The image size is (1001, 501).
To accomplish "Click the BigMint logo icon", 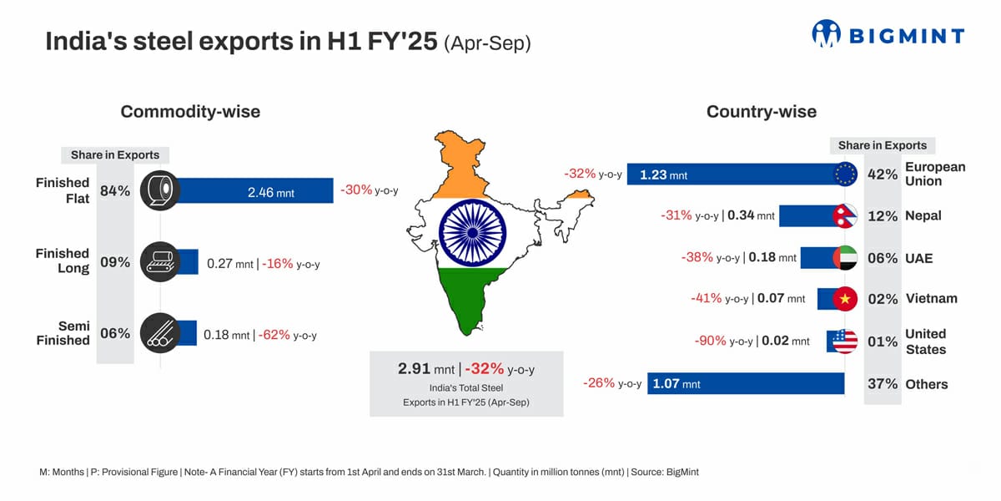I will (827, 33).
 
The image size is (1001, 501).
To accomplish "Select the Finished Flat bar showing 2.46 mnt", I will (254, 191).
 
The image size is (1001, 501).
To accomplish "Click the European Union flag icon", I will (845, 174).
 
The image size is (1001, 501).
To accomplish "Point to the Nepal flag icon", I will (845, 215).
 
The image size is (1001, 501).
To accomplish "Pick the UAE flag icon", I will (845, 257).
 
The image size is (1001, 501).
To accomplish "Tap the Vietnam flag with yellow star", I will (845, 298).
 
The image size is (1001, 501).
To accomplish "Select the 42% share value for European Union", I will (883, 175).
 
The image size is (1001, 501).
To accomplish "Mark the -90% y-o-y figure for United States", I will (710, 341).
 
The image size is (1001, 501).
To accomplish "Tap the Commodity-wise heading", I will (190, 112).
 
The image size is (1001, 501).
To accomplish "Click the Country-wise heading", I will (761, 112).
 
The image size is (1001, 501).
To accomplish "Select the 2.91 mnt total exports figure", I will (426, 368).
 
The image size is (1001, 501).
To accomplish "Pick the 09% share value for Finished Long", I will (115, 262).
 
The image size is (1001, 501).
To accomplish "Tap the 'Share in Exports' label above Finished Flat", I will (115, 155).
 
